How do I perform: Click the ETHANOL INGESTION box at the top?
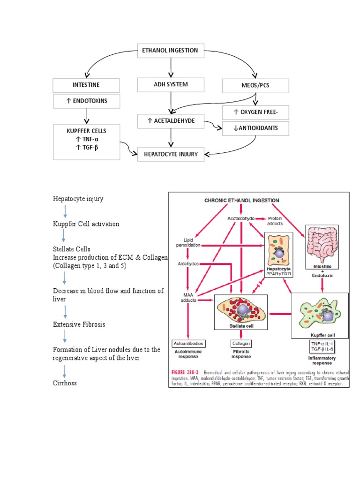point(171,51)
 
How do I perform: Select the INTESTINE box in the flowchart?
point(86,85)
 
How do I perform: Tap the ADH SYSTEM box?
point(171,85)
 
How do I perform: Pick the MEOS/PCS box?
point(255,86)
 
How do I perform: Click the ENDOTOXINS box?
point(86,101)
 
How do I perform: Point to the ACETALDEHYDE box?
point(171,121)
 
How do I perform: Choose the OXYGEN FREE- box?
point(255,112)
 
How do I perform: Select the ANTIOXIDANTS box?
point(255,128)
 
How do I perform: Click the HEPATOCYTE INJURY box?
point(171,154)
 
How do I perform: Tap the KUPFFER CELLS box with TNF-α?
point(86,140)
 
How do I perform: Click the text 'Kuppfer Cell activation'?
point(86,224)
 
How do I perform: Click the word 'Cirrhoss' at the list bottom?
point(65,383)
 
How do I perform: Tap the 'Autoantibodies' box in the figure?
point(188,344)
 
